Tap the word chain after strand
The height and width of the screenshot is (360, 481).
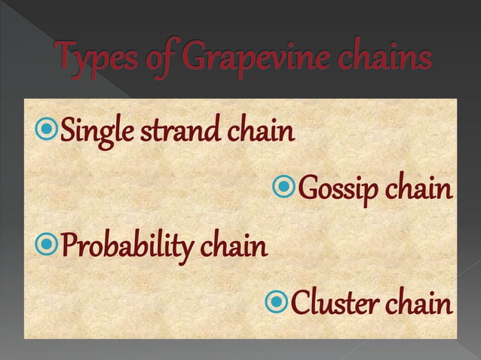click(x=259, y=134)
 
